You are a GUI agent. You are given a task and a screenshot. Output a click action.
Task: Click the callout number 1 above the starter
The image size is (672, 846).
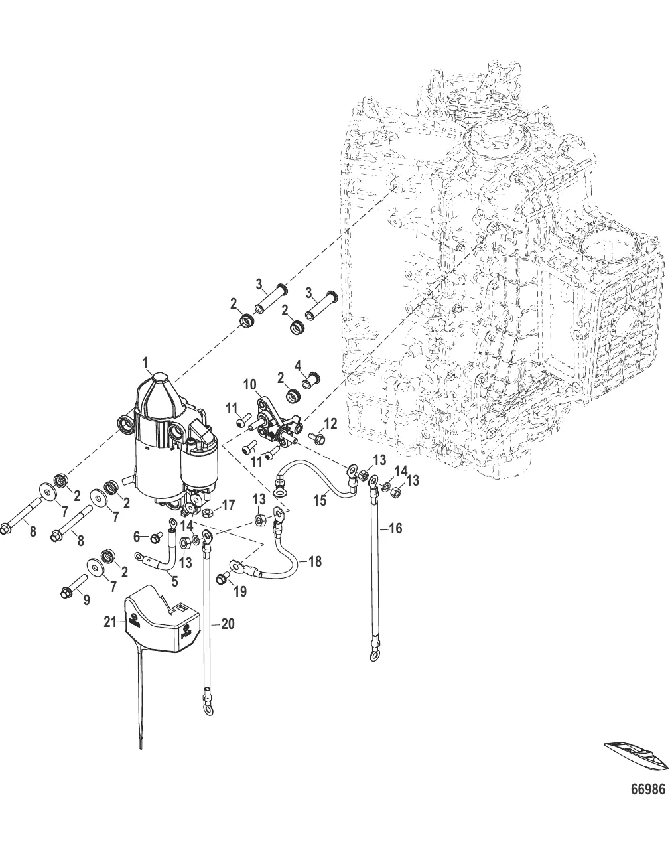tap(146, 362)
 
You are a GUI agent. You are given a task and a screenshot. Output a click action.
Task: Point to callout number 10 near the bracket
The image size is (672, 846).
tap(249, 384)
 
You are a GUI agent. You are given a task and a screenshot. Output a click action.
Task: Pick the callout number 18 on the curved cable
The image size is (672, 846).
tap(315, 561)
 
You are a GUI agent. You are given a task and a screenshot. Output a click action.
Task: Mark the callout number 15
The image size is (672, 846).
tap(320, 501)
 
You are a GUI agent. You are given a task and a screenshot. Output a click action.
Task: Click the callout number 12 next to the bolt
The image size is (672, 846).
tap(330, 423)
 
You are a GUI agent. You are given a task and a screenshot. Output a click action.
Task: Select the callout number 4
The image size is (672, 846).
tap(298, 365)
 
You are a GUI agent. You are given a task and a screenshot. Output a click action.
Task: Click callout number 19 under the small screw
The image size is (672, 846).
tap(239, 591)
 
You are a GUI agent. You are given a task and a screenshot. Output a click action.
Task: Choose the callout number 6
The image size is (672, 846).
tap(137, 536)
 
